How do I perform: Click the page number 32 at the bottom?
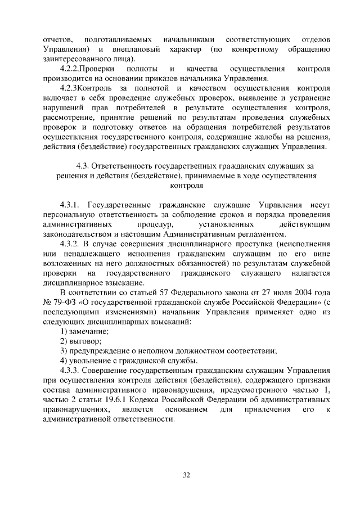click(186, 475)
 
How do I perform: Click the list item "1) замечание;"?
click(84, 331)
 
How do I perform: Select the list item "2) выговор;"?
click(81, 341)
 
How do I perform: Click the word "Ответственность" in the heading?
click(125, 166)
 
